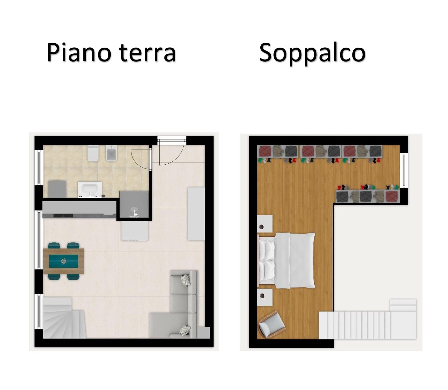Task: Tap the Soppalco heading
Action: pos(312,53)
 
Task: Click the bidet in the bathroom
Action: pos(112,153)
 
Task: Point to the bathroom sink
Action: pos(90,190)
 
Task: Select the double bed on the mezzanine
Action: pos(287,260)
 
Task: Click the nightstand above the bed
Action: pos(265,224)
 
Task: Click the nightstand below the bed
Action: pos(265,297)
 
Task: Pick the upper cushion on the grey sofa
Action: pos(186,280)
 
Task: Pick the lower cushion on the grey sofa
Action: pos(185,331)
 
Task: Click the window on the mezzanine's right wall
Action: pos(404,170)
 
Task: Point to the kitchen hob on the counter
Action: pos(63,215)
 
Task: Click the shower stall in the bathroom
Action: pos(134,204)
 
